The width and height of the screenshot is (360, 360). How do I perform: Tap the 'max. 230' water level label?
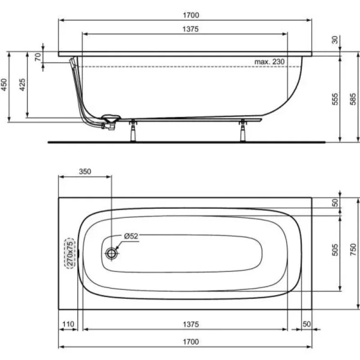[268, 62]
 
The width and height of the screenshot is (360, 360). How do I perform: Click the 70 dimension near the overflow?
[38, 58]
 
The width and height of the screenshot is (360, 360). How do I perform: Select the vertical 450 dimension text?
[5, 85]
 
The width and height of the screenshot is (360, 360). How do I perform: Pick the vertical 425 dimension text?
[23, 85]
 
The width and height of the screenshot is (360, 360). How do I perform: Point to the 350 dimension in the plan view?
[85, 171]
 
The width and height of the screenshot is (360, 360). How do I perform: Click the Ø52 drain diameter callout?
[131, 236]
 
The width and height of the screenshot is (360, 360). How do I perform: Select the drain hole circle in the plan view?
[112, 253]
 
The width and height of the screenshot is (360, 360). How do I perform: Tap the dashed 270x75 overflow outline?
[71, 253]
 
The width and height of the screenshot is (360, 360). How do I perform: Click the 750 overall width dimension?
[352, 253]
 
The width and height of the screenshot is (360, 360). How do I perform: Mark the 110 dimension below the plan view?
[70, 324]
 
